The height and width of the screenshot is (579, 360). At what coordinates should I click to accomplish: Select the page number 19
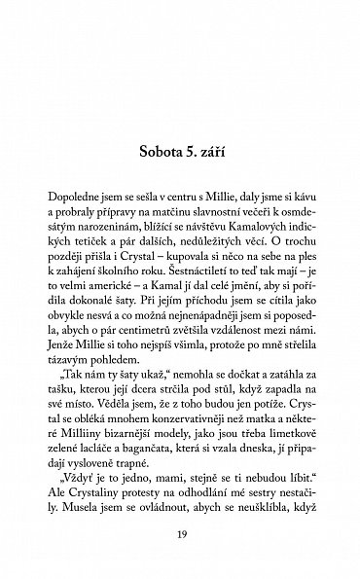pos(179,535)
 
